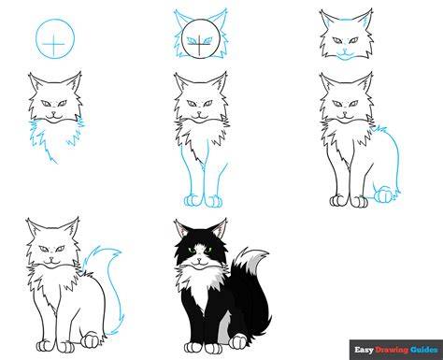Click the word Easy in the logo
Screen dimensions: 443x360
tap(364, 350)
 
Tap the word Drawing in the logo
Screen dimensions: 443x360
tap(392, 350)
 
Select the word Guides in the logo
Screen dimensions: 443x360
tap(424, 350)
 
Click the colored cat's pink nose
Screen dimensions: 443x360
tap(199, 258)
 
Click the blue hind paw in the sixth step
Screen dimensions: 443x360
tap(384, 194)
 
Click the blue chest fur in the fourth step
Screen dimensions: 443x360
tap(47, 140)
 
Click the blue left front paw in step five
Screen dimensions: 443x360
tap(191, 200)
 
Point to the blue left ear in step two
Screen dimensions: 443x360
tap(180, 21)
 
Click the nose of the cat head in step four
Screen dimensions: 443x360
tap(54, 113)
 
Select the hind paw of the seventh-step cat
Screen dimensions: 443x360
tap(91, 339)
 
